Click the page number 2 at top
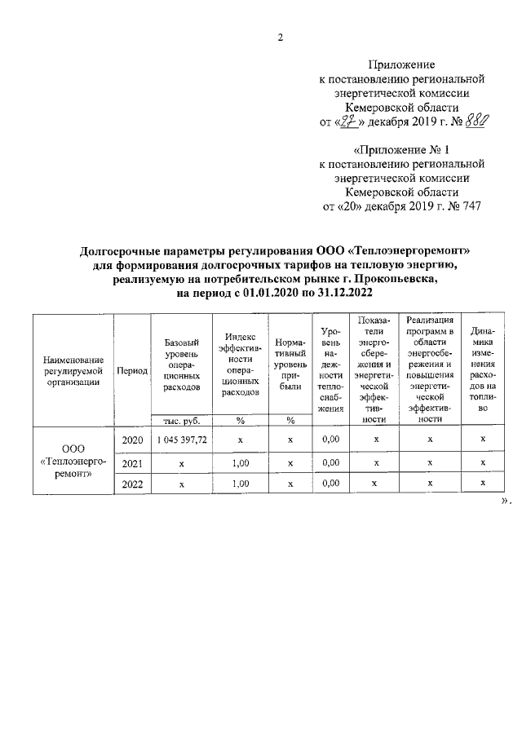[279, 37]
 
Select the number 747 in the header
[471, 205]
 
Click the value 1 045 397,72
[182, 440]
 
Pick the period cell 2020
[132, 440]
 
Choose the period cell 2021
[132, 462]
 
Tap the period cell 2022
[132, 484]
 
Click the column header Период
[132, 369]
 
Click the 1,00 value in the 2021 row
[241, 462]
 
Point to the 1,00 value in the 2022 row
[241, 484]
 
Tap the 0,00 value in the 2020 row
[330, 440]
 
